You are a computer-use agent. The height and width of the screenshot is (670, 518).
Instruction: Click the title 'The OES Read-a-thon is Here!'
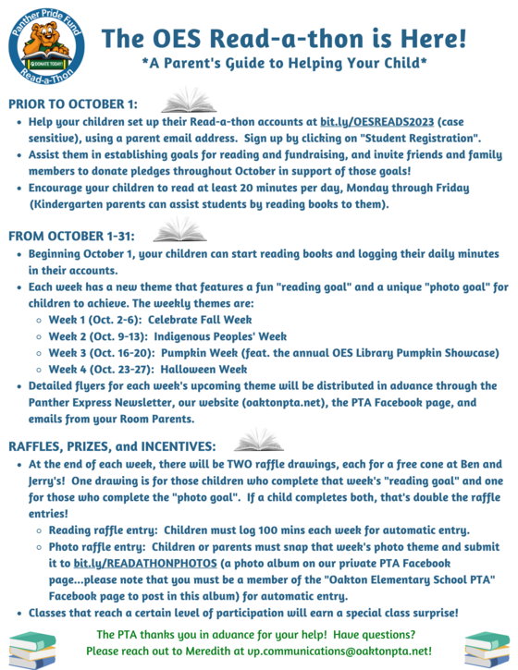click(284, 38)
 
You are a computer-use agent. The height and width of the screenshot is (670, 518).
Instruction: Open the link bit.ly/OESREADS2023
click(378, 121)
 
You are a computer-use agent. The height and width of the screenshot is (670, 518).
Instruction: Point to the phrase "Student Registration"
click(423, 137)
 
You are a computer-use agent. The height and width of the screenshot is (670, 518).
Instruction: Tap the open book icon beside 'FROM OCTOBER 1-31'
click(179, 230)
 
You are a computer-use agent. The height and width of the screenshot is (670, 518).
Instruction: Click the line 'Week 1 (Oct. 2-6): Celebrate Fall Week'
click(150, 319)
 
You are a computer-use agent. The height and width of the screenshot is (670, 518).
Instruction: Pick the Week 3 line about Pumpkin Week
click(274, 352)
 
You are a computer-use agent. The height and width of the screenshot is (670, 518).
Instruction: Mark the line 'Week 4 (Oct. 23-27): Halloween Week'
click(148, 369)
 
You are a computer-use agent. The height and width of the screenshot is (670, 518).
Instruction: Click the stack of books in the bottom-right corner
click(486, 648)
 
